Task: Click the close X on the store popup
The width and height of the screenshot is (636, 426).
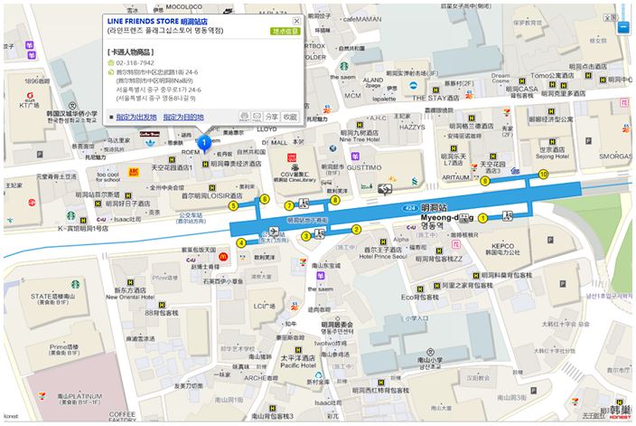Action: point(296,20)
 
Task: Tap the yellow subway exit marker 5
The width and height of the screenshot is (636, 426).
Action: point(233,206)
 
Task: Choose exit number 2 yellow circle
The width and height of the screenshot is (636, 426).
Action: point(356,229)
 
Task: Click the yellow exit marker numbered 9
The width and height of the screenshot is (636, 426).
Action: point(485,181)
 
